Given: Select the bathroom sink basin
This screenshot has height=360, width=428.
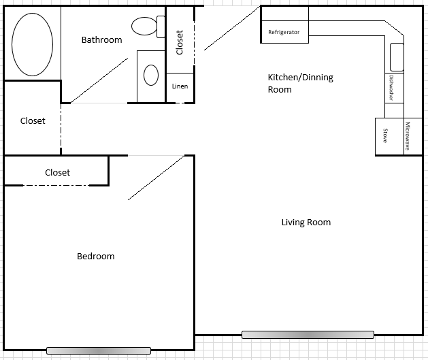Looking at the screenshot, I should click(151, 73).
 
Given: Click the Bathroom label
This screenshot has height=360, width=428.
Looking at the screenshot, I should click(101, 40).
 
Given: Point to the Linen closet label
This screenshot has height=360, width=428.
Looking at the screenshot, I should click(180, 86).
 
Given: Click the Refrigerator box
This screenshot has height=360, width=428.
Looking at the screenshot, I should click(284, 32).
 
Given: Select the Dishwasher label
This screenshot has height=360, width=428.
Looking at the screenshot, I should click(391, 87).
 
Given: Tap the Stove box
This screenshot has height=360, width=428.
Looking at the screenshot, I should click(385, 136).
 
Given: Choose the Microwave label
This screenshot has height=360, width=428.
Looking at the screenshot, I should click(408, 136).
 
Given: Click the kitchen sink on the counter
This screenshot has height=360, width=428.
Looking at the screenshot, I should click(396, 56).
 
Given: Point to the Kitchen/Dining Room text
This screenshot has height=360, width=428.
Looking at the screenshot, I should click(300, 83).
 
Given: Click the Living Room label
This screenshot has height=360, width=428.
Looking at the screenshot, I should click(306, 223).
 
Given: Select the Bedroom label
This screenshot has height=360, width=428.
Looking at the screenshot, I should click(95, 257).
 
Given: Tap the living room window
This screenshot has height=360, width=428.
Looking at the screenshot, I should click(308, 335).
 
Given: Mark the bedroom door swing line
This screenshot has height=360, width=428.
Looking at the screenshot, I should click(157, 178).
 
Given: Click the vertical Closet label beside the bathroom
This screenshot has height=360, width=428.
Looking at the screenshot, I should click(180, 42).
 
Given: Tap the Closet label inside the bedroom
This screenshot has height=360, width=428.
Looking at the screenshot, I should click(57, 173).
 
